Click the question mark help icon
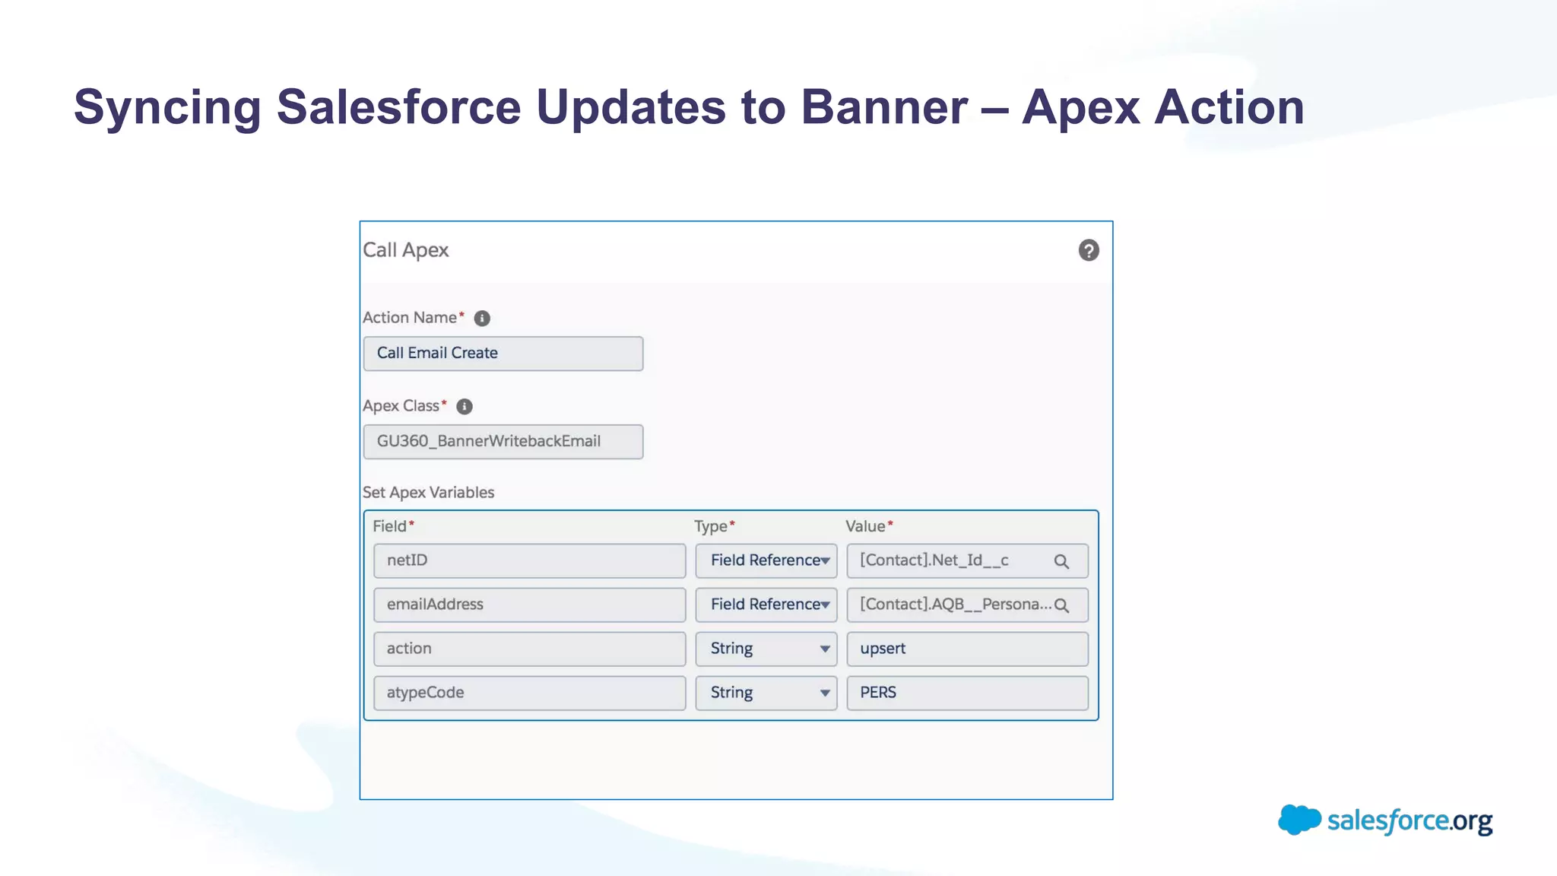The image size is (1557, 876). coord(1088,250)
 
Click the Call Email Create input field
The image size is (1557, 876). coord(503,354)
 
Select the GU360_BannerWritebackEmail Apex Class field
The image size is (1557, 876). coord(503,442)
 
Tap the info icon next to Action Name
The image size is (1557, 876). coord(482,319)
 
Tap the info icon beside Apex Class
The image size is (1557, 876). coord(465,407)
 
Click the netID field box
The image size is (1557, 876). coord(529,561)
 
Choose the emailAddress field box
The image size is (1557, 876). coord(529,605)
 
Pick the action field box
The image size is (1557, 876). coord(529,649)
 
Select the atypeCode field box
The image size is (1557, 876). coord(529,693)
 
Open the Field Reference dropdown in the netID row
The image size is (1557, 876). coord(766,561)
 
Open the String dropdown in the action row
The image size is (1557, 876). coord(766,649)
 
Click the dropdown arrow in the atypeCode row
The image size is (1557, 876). coord(824,693)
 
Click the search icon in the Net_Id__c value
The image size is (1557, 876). coord(1061,562)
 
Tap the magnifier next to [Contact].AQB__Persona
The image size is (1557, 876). coord(1061,606)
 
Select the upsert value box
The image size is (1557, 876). coord(967,649)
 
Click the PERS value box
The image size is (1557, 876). coord(967,693)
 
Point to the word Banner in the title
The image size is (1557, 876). coord(883,106)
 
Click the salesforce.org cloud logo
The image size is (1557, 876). coord(1299,820)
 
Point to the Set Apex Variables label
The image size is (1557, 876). coord(428,493)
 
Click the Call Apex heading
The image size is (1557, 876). coord(406,250)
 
